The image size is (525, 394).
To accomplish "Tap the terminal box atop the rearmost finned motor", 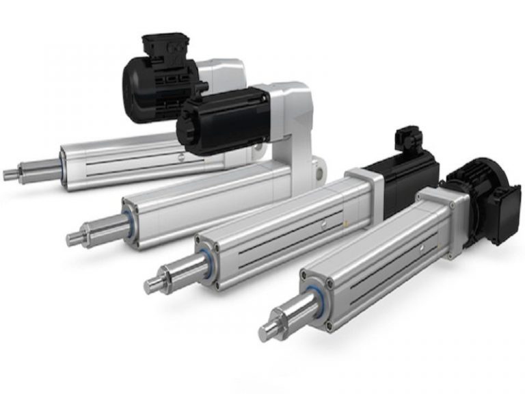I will pos(159,44).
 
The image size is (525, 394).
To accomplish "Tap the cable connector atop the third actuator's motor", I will pos(407,137).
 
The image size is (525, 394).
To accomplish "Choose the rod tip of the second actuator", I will pos(74,238).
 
